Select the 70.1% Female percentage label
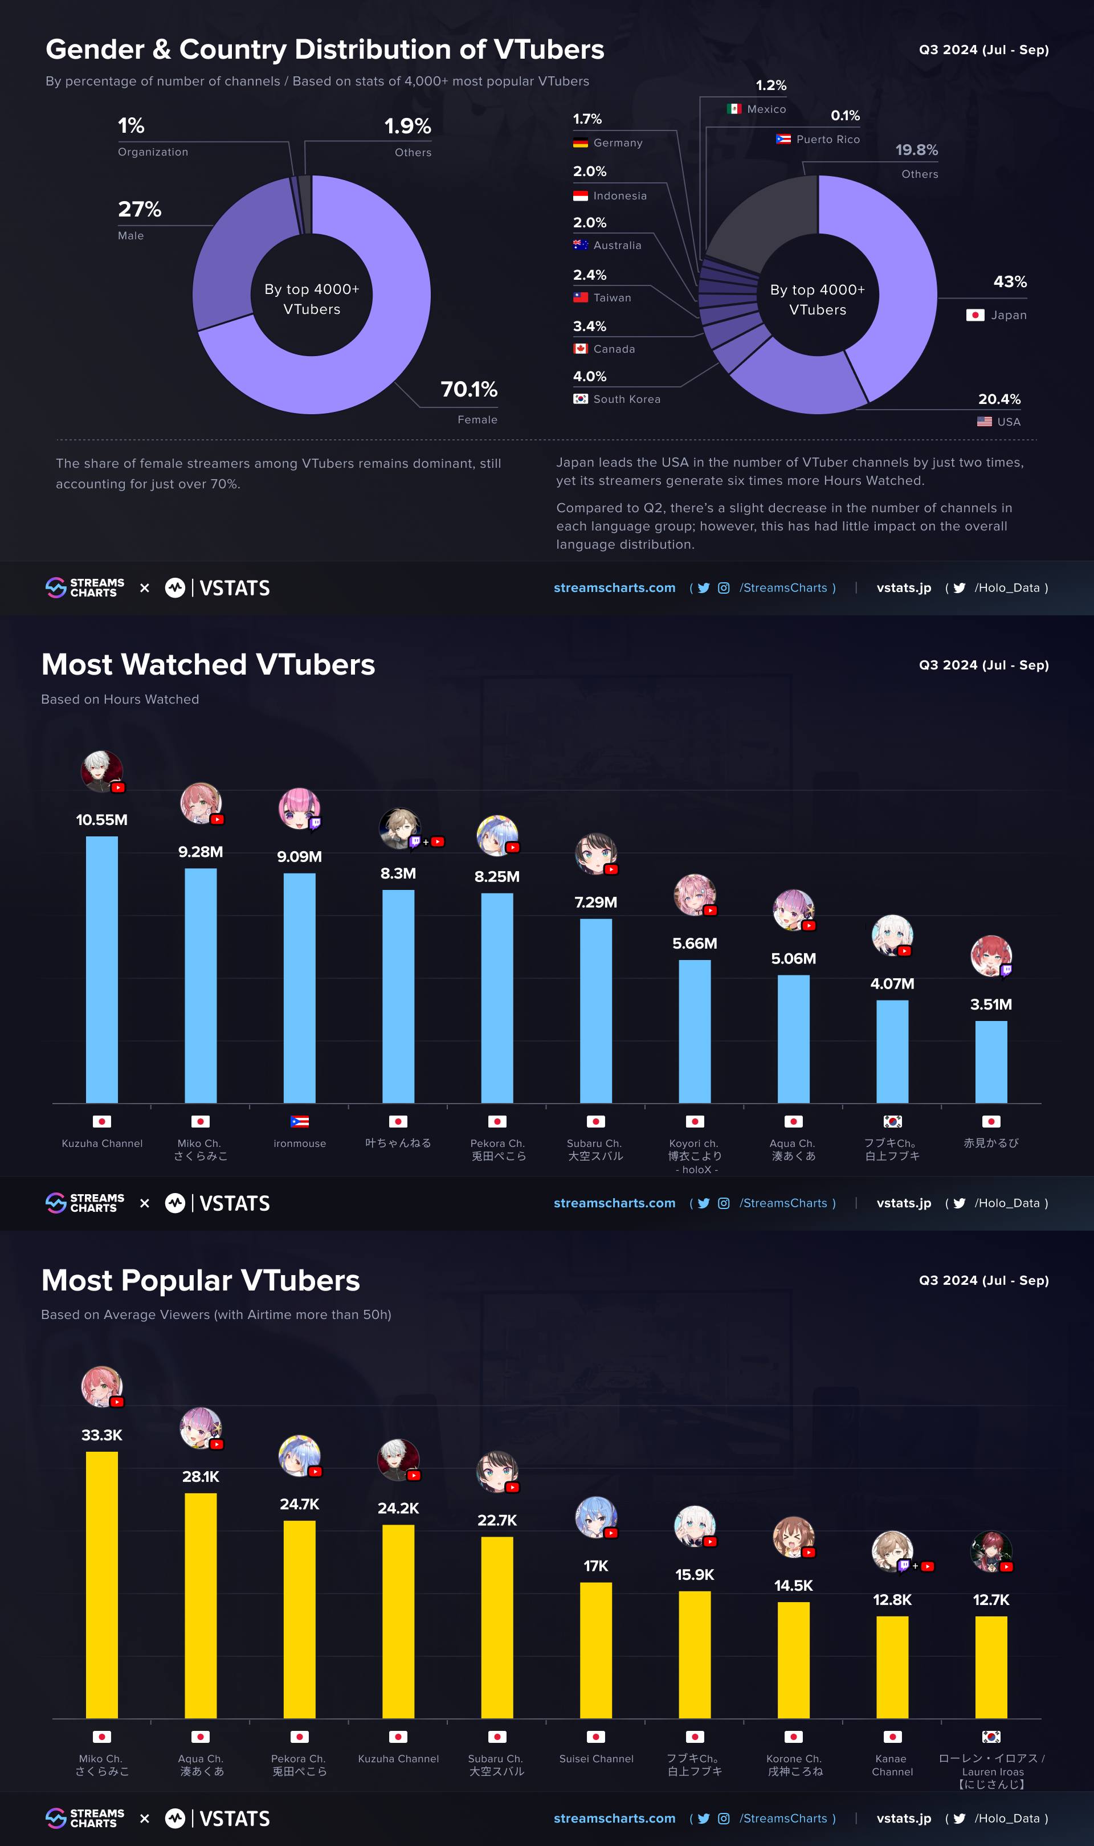point(469,389)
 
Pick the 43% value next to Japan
point(1010,281)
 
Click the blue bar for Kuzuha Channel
point(102,970)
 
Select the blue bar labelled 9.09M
point(299,988)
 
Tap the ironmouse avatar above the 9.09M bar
point(299,808)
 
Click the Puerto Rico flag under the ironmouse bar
point(299,1122)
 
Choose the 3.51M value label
point(991,1004)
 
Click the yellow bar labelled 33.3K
point(102,1585)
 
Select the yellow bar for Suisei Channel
point(595,1651)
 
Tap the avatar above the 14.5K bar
point(793,1537)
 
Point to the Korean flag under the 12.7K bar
point(991,1737)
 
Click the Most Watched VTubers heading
point(208,665)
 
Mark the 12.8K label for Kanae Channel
point(892,1600)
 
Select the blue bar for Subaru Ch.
point(595,1011)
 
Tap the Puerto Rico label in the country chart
point(828,139)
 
